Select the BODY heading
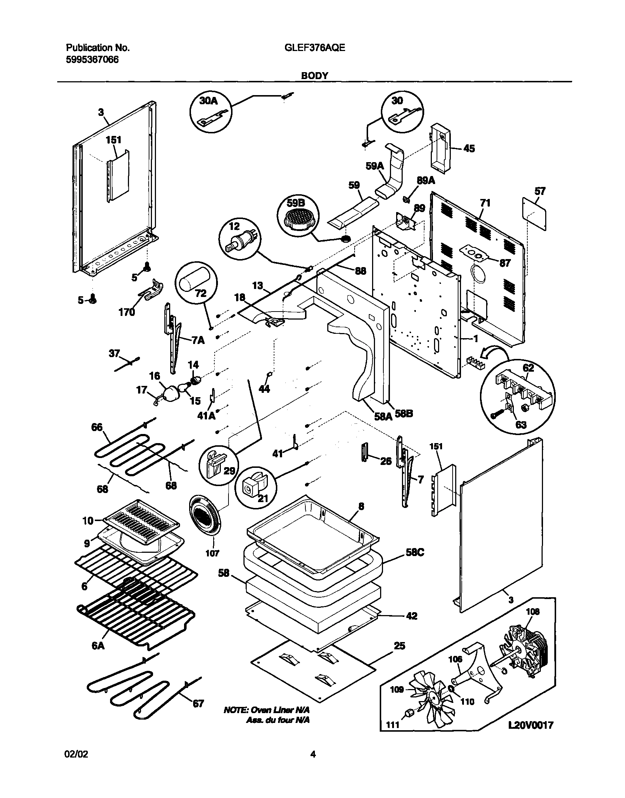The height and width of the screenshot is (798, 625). [315, 76]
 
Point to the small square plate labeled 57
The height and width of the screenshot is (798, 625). [535, 213]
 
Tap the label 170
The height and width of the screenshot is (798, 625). [126, 312]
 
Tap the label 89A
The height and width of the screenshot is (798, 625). [425, 180]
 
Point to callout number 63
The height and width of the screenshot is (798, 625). [520, 425]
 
